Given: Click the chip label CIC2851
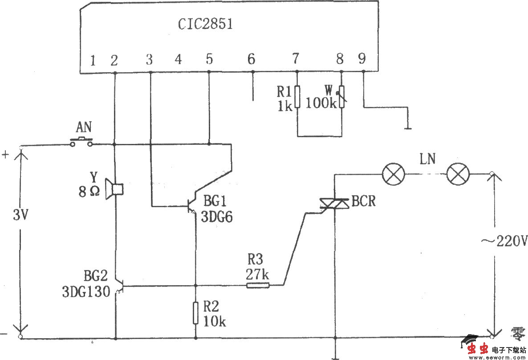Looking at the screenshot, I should pos(205,24).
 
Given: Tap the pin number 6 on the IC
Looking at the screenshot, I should pos(251,59).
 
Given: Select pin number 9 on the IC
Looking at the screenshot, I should pos(361,58).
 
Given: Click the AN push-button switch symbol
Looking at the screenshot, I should pos(81,143).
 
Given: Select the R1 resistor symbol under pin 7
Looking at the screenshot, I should pos(297,97).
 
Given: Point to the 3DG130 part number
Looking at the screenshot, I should pos(85,292).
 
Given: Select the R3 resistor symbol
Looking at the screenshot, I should pos(258,285).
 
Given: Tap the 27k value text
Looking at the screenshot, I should pos(257,273).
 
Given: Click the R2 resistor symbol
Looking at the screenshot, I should pos(195,313).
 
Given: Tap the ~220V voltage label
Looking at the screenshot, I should pos(504,241).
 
